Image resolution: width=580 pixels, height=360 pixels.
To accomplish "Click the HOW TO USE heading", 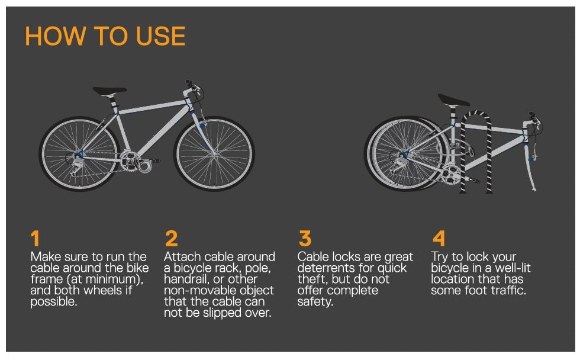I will click(105, 36).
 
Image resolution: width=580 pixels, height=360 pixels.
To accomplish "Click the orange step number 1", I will click(36, 239).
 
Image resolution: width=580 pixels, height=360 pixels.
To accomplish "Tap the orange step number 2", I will click(171, 239).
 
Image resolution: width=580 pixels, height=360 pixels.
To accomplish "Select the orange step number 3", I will click(305, 239).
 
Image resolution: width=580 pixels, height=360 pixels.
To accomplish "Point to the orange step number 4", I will click(439, 239).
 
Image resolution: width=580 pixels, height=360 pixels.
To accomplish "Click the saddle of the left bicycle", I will click(109, 91).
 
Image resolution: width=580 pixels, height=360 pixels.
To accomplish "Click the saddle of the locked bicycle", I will click(453, 99).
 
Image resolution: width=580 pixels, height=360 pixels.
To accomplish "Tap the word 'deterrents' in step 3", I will click(326, 268).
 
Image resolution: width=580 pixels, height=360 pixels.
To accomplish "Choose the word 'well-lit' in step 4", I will click(511, 268).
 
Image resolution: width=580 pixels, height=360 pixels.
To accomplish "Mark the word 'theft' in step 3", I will click(311, 279).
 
